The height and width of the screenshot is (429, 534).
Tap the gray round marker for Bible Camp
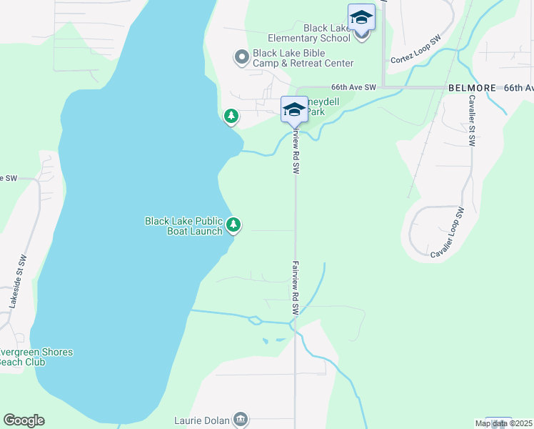(241, 56)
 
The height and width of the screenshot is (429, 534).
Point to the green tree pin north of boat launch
(231, 115)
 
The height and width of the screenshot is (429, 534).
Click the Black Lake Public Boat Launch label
(183, 226)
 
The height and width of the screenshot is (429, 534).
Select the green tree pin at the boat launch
(233, 225)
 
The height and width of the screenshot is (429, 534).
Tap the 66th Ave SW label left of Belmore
(353, 87)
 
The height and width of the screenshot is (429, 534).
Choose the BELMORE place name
(472, 87)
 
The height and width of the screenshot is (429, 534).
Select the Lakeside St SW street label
(19, 282)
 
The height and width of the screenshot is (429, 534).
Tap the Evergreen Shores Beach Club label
(36, 357)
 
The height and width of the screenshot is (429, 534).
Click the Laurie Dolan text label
(202, 420)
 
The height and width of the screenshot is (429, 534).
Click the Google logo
(24, 420)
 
